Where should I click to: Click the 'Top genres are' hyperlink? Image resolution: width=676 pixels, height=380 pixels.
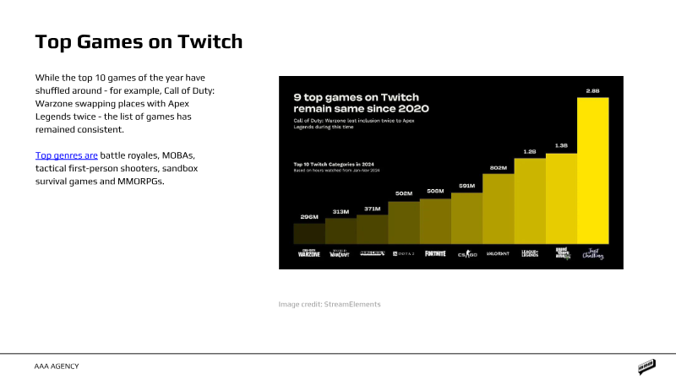pos(67,155)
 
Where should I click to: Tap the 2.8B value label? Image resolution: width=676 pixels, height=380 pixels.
pos(592,90)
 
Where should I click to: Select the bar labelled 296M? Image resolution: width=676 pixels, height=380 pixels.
pos(308,234)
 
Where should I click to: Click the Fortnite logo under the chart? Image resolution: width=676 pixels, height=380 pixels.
pos(434,253)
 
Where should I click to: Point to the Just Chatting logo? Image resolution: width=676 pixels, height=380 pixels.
pos(592,254)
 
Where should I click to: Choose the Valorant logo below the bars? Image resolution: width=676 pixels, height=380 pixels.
pos(498,253)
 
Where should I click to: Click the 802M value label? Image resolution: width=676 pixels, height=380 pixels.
pos(498,167)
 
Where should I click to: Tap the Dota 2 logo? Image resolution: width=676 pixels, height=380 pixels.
pos(403,253)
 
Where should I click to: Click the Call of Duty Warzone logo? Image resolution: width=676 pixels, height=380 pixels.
pos(308,253)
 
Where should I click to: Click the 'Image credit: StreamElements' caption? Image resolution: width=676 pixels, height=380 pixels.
pos(330,303)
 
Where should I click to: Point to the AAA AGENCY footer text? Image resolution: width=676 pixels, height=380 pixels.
pos(57,366)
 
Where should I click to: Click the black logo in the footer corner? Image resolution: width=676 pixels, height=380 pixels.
pos(647,366)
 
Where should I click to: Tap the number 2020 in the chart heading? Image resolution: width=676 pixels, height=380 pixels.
pos(412,109)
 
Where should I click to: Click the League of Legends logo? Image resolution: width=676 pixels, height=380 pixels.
pos(529,253)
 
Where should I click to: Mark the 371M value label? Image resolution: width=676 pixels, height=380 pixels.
pos(372,208)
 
